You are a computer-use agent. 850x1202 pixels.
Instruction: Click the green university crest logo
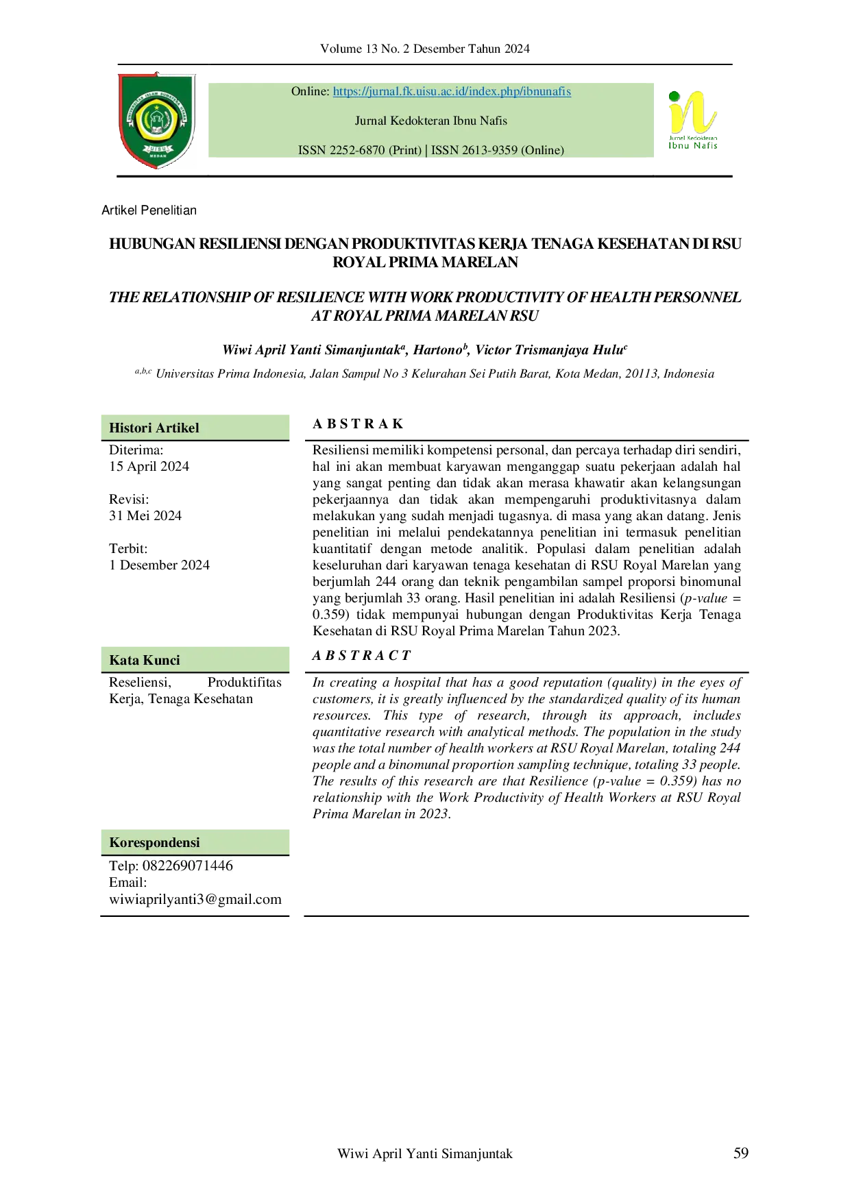(x=157, y=118)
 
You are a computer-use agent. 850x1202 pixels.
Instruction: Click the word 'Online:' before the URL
(x=311, y=92)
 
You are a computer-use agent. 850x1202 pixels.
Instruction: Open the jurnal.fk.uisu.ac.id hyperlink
(x=452, y=92)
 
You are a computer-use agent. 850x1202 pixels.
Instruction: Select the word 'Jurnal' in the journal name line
(x=371, y=121)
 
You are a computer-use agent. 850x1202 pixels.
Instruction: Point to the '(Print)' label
(x=405, y=151)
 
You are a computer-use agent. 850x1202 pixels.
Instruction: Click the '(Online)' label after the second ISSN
(x=543, y=151)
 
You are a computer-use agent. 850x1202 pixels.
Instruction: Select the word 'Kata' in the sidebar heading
(x=124, y=661)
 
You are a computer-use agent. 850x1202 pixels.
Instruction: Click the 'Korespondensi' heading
(x=154, y=843)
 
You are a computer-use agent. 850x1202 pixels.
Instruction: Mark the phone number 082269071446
(x=188, y=866)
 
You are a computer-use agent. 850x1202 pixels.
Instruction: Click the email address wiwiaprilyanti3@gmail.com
(x=195, y=900)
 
